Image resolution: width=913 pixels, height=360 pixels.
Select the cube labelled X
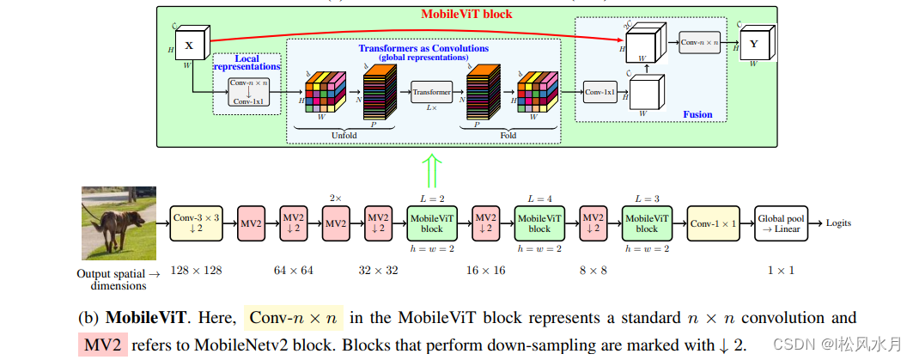tap(189, 44)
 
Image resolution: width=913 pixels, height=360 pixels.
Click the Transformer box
tap(431, 91)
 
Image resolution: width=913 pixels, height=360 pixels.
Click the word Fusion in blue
tap(697, 114)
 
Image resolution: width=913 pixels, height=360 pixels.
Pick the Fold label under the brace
tap(510, 135)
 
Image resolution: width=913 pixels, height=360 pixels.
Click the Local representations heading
tap(247, 61)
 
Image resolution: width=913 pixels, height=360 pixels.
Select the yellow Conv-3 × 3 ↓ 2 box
tap(196, 223)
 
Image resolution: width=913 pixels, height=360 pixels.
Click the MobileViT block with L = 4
tap(539, 223)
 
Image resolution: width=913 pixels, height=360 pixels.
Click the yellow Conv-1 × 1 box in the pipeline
tap(715, 223)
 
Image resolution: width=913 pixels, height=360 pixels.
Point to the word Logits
tap(838, 223)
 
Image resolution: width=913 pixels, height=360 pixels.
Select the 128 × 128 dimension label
tap(196, 270)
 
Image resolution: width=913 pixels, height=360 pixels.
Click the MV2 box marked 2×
tap(336, 223)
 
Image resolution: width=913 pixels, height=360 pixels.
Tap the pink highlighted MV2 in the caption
tap(102, 345)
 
